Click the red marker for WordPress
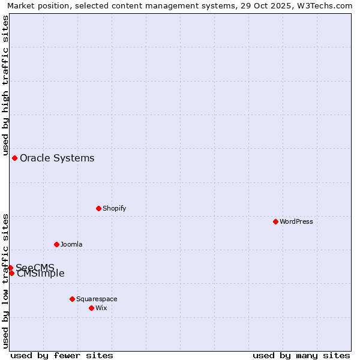click(275, 221)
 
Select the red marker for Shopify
click(98, 208)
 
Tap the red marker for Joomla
click(56, 244)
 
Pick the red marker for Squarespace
click(72, 299)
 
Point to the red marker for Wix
click(91, 308)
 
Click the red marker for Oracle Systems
click(14, 158)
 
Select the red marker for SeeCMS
click(10, 268)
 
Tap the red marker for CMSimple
click(11, 273)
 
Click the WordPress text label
click(296, 221)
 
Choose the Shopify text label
click(114, 208)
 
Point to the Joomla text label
click(71, 244)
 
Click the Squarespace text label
click(97, 299)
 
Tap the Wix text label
click(101, 308)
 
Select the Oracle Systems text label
click(57, 158)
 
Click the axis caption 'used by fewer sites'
click(62, 355)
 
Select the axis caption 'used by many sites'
click(301, 355)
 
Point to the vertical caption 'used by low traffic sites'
click(5, 281)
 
